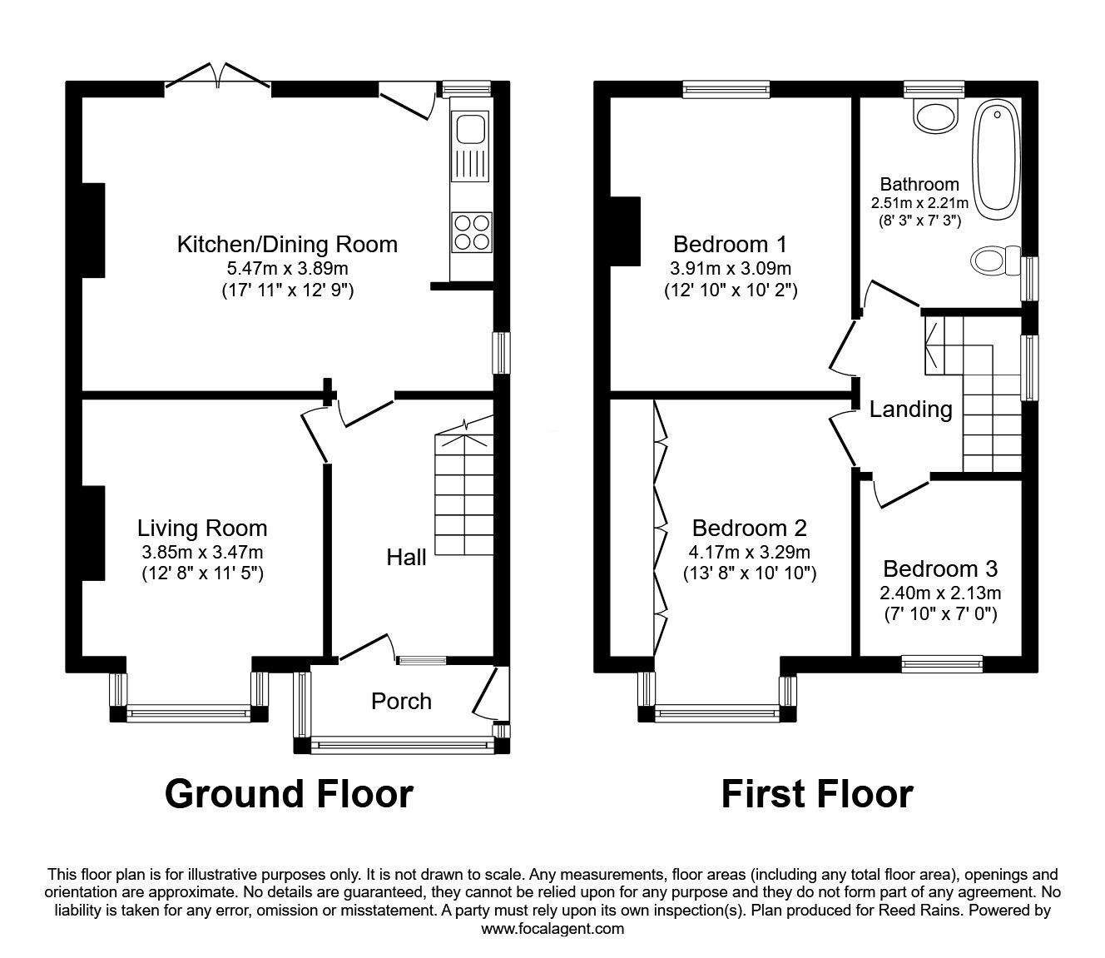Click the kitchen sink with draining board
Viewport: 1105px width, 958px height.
click(x=471, y=146)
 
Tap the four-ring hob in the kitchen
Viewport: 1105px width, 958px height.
click(x=471, y=231)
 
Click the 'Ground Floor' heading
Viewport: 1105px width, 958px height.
click(x=289, y=793)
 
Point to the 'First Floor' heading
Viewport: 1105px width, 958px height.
click(x=816, y=793)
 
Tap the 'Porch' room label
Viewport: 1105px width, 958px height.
click(x=401, y=701)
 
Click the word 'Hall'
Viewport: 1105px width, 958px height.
click(x=406, y=557)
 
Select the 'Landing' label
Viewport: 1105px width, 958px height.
click(x=910, y=409)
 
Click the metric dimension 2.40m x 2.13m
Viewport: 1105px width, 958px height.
click(x=940, y=593)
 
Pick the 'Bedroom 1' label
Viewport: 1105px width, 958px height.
click(x=730, y=244)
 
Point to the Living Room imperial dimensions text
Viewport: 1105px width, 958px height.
click(x=202, y=573)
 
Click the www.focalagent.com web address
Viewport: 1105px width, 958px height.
click(x=552, y=928)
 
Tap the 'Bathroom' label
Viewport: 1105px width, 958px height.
click(x=919, y=184)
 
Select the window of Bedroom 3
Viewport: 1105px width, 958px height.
click(x=942, y=663)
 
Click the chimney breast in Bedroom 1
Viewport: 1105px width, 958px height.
click(x=626, y=231)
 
